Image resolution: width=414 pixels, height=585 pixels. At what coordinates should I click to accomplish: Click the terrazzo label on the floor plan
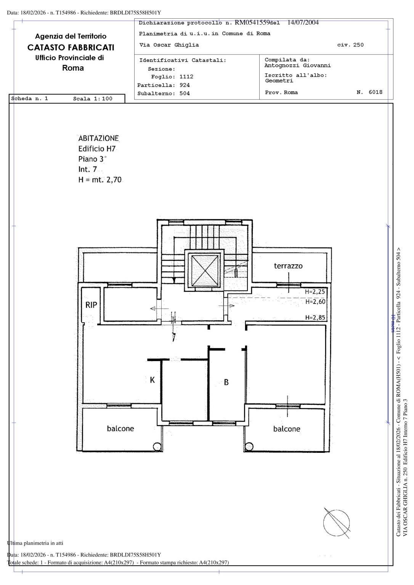point(288,266)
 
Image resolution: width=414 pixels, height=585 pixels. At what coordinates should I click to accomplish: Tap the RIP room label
point(91,305)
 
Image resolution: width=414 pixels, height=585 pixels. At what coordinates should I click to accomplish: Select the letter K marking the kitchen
point(152,380)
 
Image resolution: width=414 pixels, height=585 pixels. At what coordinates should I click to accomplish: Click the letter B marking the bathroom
point(226,382)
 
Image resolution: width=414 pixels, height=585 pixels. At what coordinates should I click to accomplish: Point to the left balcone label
point(120,428)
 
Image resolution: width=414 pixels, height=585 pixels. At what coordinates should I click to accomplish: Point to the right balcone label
point(287,429)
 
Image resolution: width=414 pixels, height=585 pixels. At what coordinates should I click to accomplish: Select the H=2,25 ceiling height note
point(315,292)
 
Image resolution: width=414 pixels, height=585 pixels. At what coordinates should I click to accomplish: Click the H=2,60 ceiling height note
point(315,302)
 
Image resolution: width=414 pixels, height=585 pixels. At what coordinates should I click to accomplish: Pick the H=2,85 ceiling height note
point(315,318)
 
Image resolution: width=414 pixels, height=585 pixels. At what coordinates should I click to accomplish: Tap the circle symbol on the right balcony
point(249,446)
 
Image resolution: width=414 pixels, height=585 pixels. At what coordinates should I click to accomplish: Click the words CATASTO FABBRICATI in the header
point(71,48)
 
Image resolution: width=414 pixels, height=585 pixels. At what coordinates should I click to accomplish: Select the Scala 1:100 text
point(93,99)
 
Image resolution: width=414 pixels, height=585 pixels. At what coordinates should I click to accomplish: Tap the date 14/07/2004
point(303,22)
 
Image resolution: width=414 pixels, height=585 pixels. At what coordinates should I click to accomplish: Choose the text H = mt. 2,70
point(100,180)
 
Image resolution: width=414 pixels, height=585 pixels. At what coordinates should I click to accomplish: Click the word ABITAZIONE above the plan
point(98,138)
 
